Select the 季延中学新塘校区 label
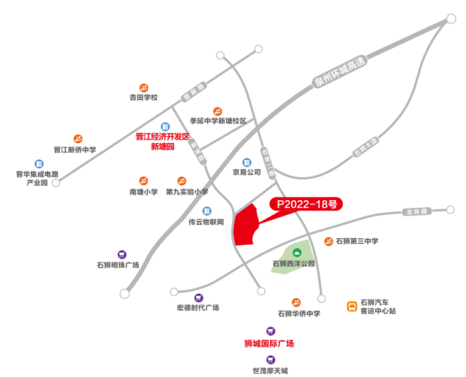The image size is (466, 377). pos(218,121)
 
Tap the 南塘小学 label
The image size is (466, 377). pos(144,192)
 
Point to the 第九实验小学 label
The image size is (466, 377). pos(187,192)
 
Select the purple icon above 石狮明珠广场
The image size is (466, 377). pos(122,253)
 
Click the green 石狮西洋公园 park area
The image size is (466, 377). pos(295,252)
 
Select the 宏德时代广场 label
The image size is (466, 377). pos(198,308)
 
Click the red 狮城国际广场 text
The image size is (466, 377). pos(269,342)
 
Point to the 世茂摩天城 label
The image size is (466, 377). pos(270,369)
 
